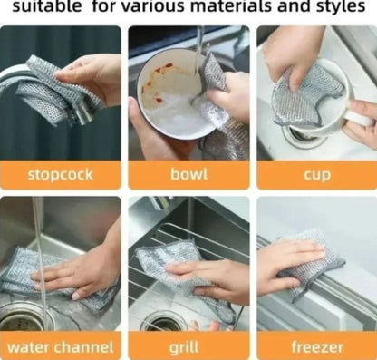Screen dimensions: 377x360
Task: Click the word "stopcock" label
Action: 60,175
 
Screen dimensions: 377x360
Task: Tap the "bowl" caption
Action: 189,174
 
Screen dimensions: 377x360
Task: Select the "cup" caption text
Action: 317,176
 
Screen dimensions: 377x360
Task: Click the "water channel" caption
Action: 61,347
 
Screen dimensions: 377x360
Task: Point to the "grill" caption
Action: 184,347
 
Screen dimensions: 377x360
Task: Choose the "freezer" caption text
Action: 317,347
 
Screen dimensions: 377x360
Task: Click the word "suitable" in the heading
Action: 46,6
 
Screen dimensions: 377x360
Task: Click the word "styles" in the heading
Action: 341,6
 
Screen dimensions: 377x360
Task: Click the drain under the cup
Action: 302,135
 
